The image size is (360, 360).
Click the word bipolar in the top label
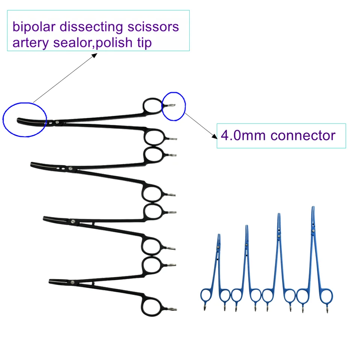tap(34, 27)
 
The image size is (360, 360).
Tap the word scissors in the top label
tap(153, 27)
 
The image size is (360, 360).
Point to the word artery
tap(31, 43)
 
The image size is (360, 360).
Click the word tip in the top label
tap(144, 43)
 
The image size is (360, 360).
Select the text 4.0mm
tap(243, 135)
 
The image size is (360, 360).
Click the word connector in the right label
tap(303, 136)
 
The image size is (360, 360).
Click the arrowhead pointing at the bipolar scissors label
tap(95, 55)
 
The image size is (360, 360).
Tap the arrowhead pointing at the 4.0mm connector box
tap(214, 136)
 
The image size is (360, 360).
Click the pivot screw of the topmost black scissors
tap(57, 122)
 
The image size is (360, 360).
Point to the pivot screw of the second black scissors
tap(70, 168)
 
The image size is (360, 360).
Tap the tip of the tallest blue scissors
tap(313, 207)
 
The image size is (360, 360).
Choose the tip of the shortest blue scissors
tap(219, 235)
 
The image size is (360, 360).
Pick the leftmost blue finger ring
tap(201, 295)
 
